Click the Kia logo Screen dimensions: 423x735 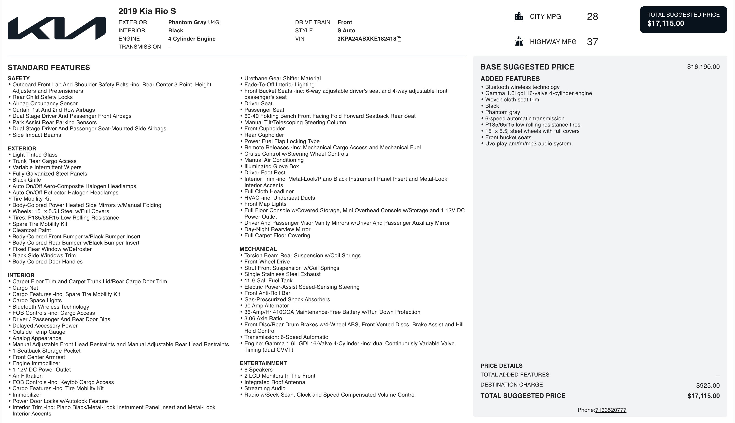[57, 28]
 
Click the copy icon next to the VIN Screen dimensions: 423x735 [399, 39]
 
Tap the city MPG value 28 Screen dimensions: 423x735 [592, 17]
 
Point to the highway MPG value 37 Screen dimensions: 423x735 [592, 42]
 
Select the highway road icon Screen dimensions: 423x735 [519, 41]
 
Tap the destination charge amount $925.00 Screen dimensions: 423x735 [708, 386]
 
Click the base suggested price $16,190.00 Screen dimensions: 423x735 [703, 67]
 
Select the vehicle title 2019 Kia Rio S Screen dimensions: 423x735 [147, 11]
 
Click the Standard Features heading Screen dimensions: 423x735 [49, 67]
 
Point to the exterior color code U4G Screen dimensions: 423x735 [214, 22]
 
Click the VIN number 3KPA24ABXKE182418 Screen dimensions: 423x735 [367, 39]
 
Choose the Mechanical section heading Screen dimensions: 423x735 [258, 249]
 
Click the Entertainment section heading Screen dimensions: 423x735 [263, 363]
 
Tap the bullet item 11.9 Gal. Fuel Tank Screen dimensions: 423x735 [268, 281]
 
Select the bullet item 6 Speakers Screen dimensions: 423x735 [258, 369]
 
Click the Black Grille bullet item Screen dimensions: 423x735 [27, 180]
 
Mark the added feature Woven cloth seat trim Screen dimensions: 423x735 [512, 100]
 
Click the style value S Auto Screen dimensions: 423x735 [346, 31]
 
